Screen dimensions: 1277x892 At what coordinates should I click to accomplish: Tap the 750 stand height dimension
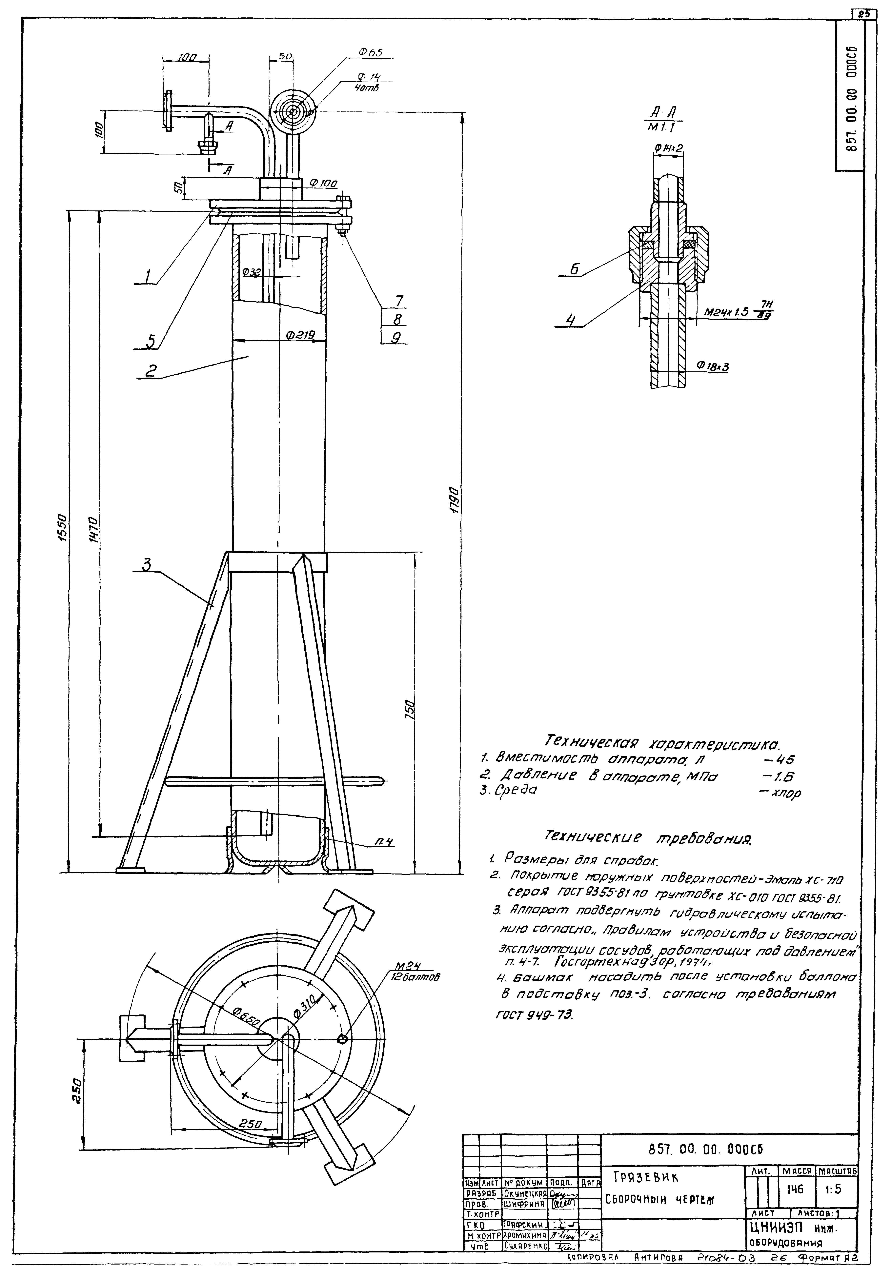(x=410, y=709)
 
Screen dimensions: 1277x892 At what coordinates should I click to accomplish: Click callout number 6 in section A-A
(x=574, y=269)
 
